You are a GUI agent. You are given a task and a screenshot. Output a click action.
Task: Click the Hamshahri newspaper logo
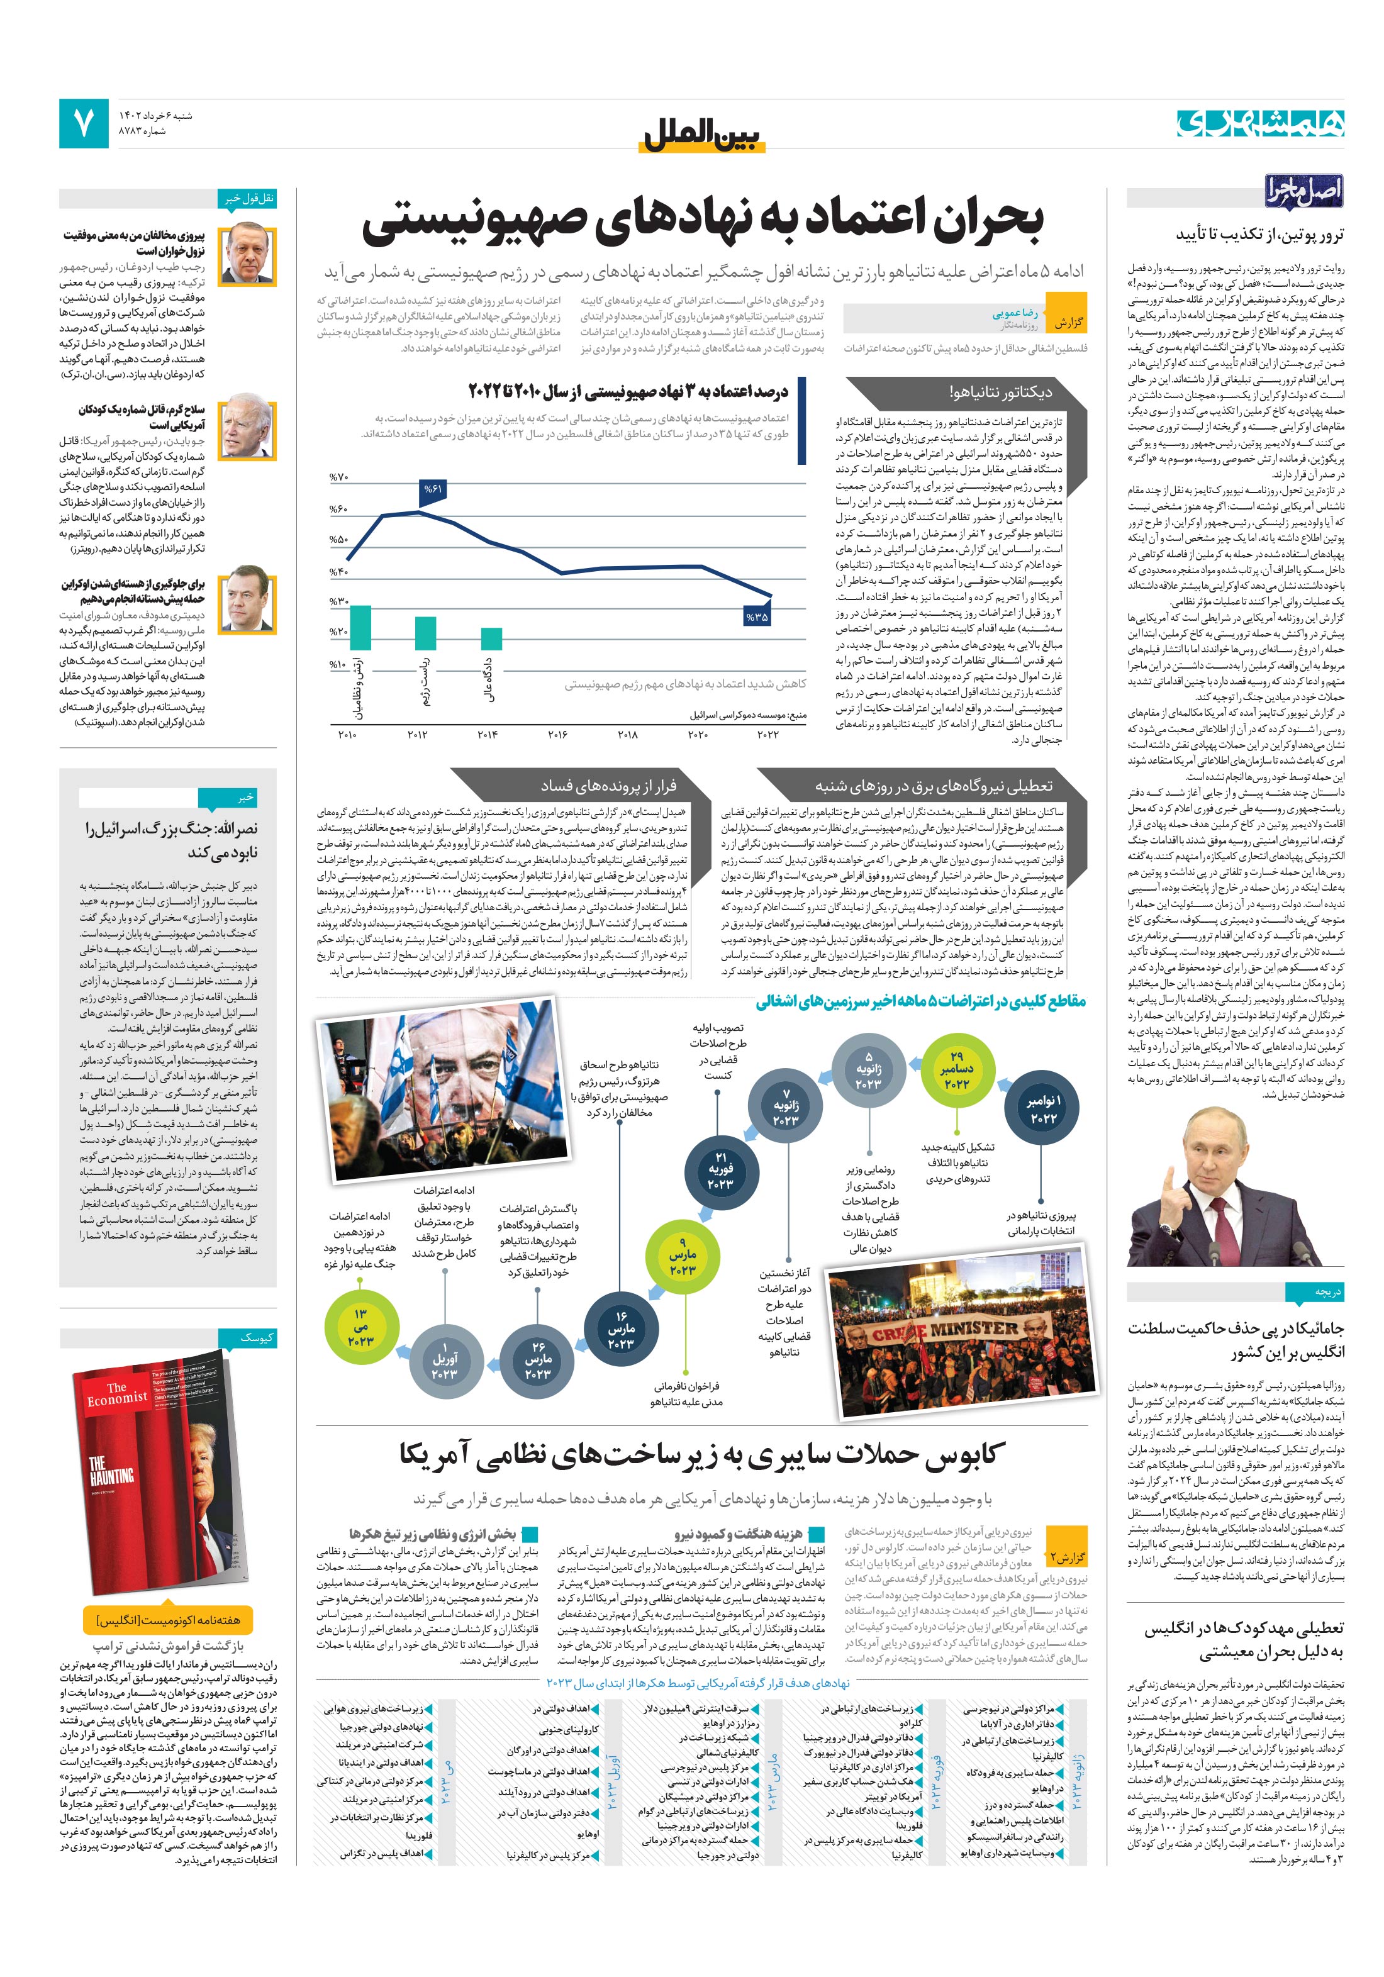coord(1260,123)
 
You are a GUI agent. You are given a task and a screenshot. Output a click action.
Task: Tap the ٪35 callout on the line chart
coord(756,616)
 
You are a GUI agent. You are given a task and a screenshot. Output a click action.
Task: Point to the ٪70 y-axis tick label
coord(338,477)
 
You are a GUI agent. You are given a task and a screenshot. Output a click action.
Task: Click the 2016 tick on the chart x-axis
coord(557,733)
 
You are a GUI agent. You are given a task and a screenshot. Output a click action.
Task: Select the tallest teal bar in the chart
coord(360,627)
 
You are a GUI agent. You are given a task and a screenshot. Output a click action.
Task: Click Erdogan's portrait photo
coord(247,256)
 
